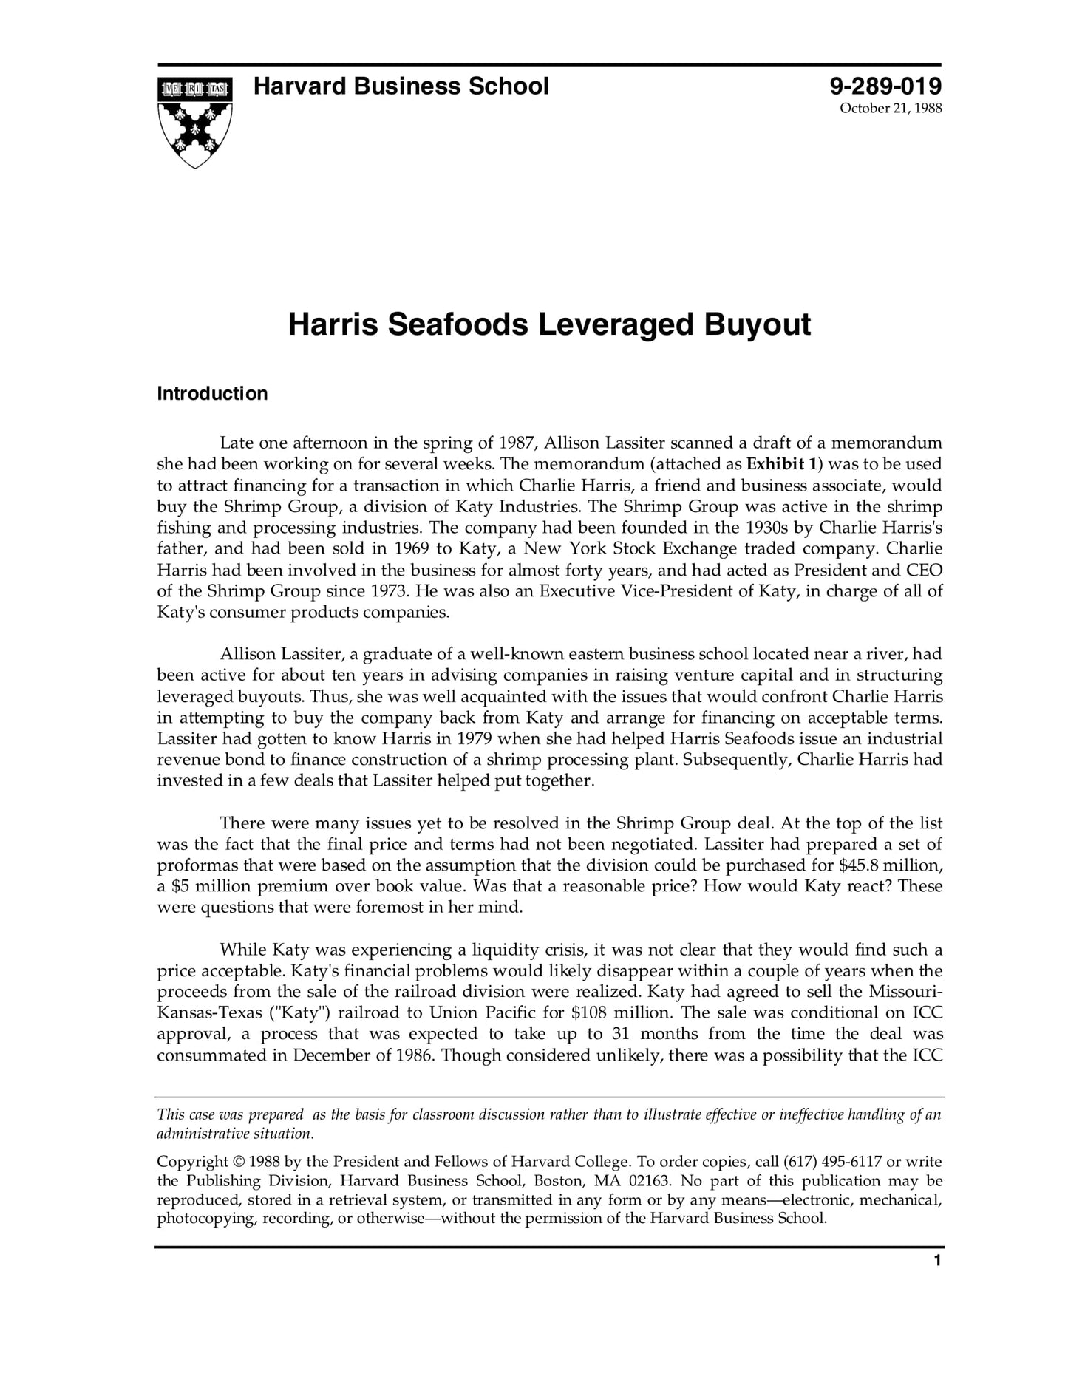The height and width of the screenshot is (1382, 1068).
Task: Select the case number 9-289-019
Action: [x=885, y=86]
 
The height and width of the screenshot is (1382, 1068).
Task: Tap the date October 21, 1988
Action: [x=890, y=109]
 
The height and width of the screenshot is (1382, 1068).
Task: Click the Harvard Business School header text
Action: [x=401, y=86]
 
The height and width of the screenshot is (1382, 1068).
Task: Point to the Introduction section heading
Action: [x=212, y=393]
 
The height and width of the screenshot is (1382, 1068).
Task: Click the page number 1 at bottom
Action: [x=937, y=1261]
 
